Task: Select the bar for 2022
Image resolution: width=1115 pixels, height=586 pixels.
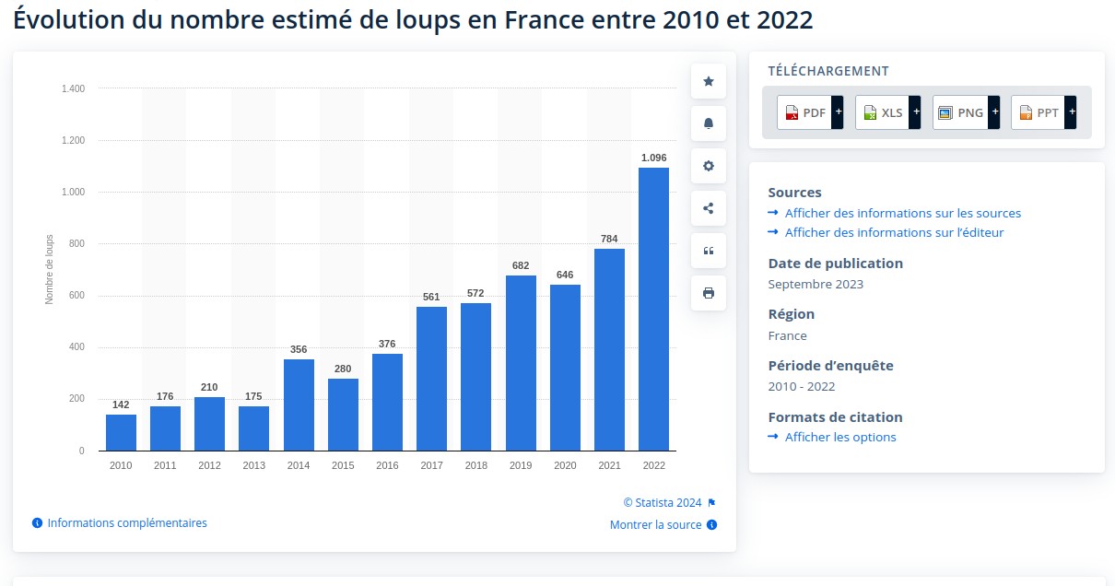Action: point(653,309)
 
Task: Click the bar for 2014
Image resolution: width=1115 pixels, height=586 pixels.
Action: point(299,404)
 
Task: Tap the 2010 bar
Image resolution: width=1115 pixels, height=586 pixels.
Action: point(121,432)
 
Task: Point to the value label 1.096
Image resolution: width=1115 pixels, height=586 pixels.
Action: point(653,158)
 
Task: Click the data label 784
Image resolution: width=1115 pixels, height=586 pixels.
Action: point(609,239)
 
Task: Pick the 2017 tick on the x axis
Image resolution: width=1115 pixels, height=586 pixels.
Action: point(431,465)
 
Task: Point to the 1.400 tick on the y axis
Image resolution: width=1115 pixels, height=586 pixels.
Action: point(73,89)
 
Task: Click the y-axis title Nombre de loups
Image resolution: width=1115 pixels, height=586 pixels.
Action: point(50,269)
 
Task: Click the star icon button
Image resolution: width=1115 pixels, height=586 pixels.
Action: point(709,81)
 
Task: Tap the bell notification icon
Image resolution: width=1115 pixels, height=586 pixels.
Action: point(709,123)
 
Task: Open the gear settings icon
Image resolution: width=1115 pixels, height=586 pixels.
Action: point(709,166)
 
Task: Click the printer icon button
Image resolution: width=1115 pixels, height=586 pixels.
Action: point(709,293)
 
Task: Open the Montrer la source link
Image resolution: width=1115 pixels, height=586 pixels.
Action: point(655,525)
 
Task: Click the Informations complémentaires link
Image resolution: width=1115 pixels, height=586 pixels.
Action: point(127,523)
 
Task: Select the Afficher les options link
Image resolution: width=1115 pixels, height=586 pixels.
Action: point(840,437)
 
